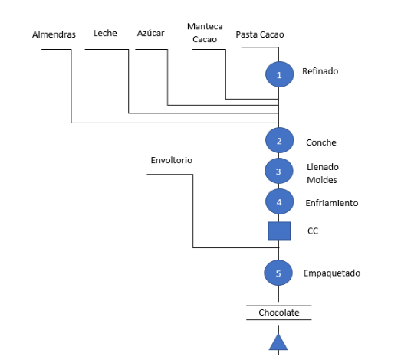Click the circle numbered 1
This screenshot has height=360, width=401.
tap(279, 74)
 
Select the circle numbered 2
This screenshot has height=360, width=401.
tap(279, 140)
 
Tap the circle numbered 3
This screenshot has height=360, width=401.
tap(279, 171)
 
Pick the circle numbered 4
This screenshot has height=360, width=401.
tap(279, 201)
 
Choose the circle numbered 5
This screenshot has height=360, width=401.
tap(278, 273)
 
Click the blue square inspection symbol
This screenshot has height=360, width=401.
tap(279, 231)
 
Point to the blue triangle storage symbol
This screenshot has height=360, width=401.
tap(278, 342)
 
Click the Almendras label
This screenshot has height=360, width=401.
tap(54, 34)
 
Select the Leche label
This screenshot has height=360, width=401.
tap(105, 33)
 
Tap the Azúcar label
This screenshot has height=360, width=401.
tap(150, 33)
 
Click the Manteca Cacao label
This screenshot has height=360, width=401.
tap(205, 33)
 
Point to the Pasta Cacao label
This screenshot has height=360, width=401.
tap(260, 34)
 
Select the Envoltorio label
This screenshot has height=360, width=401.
tap(171, 160)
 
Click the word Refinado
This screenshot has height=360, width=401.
tap(320, 71)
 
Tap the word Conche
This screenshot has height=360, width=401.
tap(321, 142)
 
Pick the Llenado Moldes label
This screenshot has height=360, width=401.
tap(323, 173)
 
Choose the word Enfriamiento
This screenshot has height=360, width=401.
tap(332, 203)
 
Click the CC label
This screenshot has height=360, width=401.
tap(313, 231)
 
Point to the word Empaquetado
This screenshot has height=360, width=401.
tap(332, 273)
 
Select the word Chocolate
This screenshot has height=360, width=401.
tap(279, 313)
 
